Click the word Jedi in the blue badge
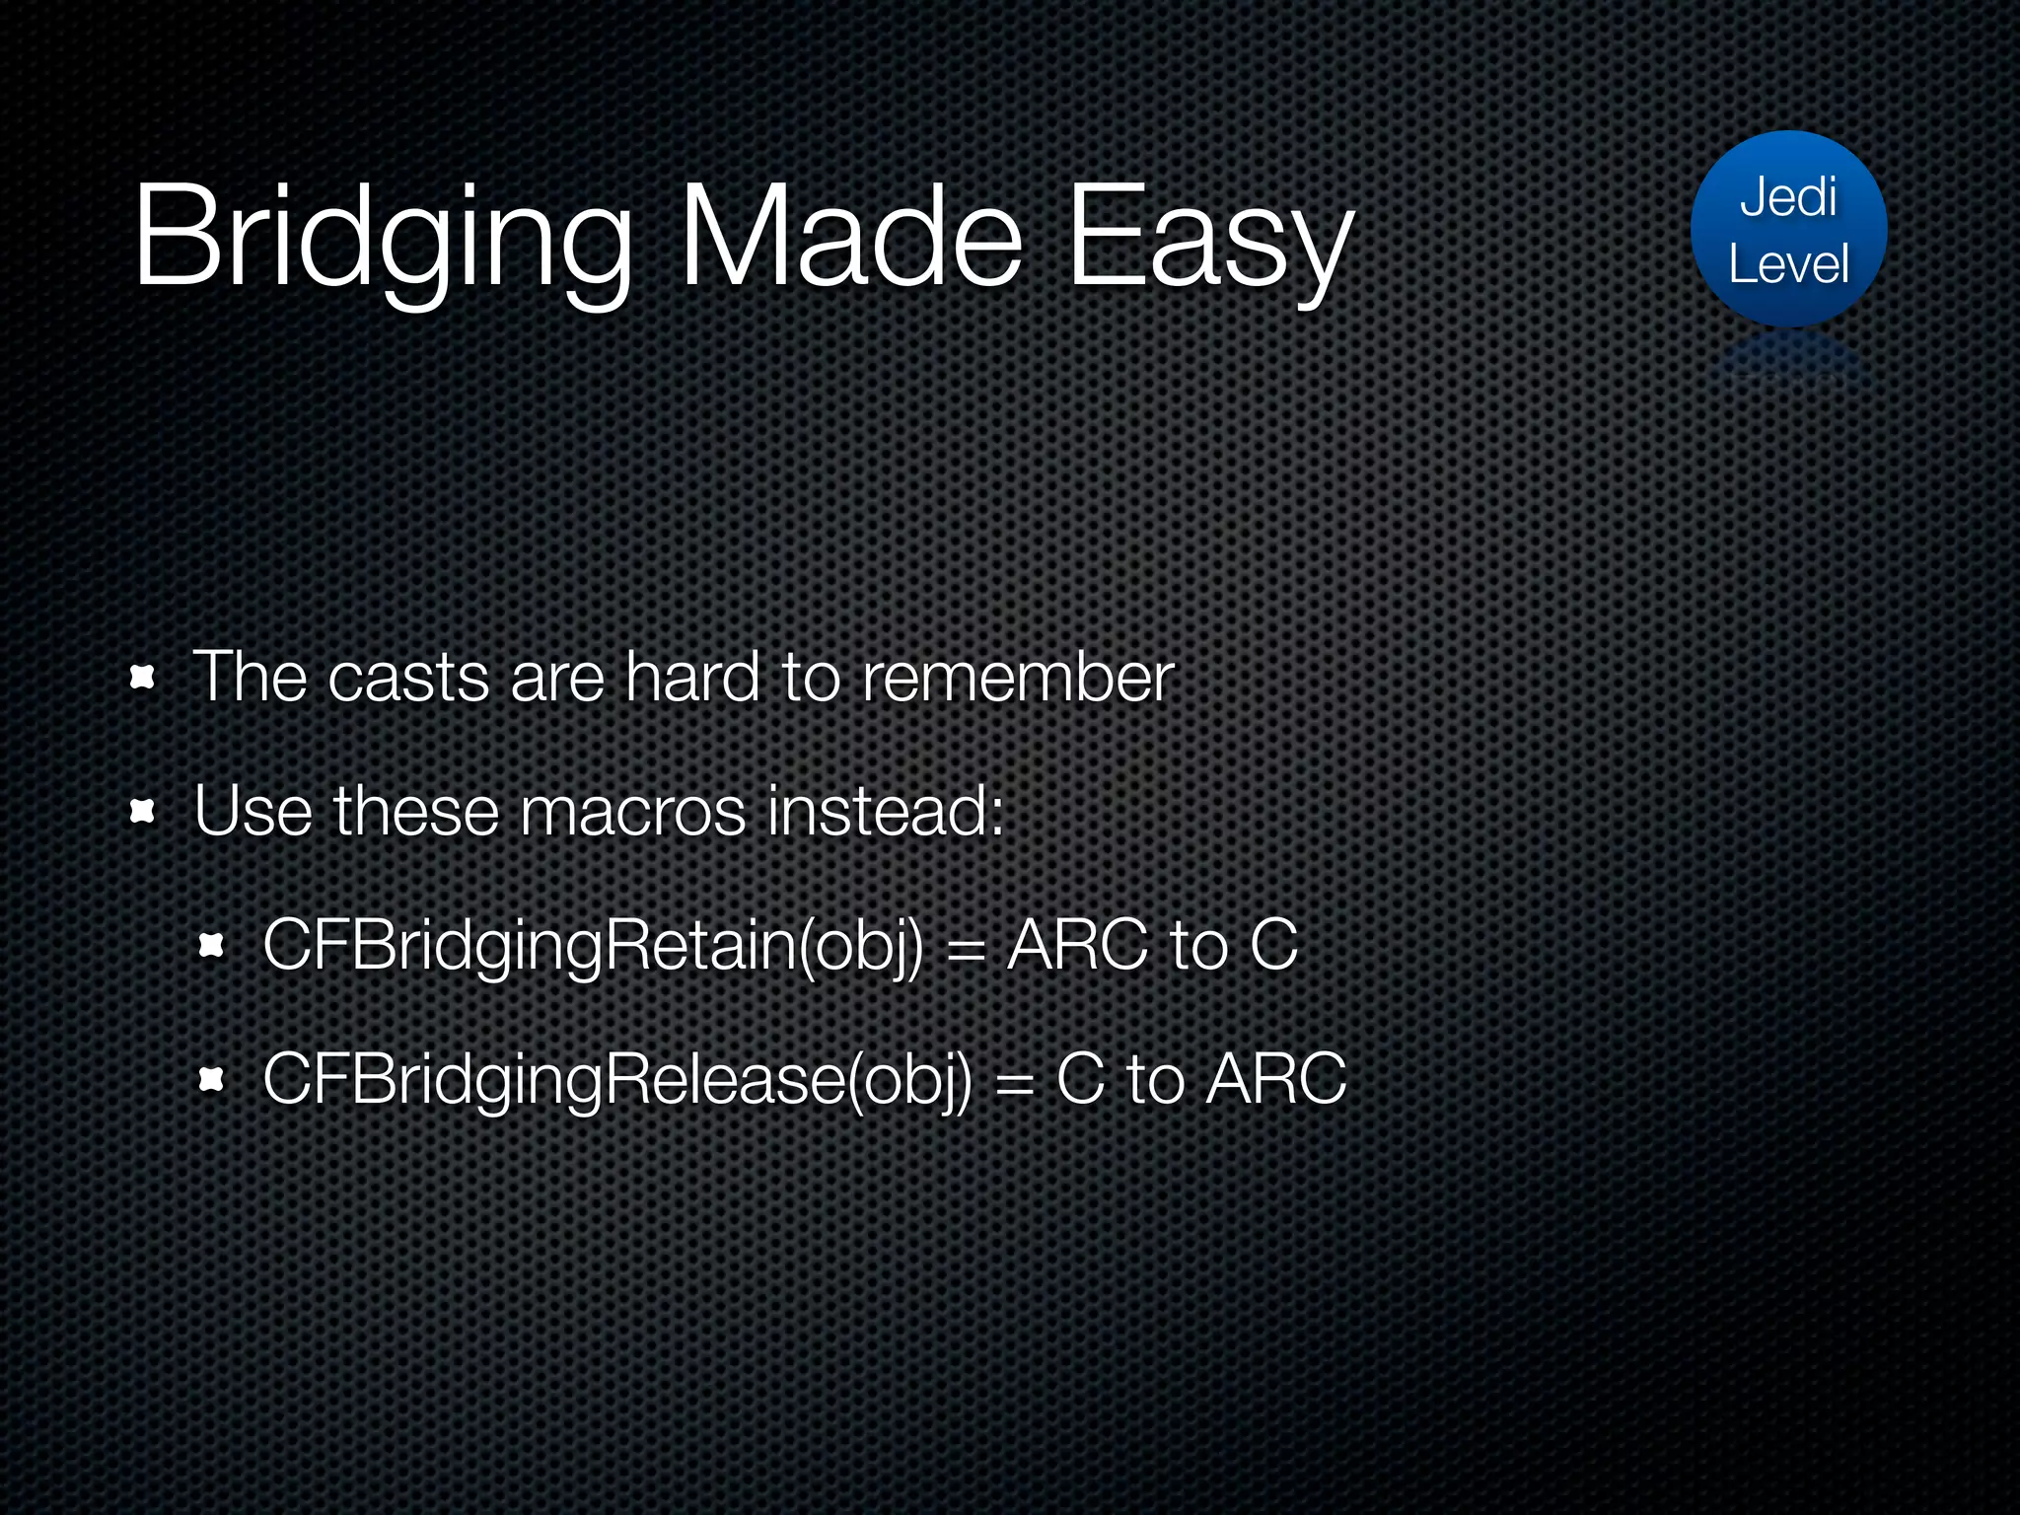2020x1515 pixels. [x=1788, y=197]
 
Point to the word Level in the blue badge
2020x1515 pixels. [x=1788, y=264]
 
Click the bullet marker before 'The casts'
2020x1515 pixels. [x=143, y=678]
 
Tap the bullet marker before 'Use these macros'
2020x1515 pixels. [x=143, y=812]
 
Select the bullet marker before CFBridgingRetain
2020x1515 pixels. [x=212, y=946]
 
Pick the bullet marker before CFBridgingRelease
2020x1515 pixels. [x=212, y=1080]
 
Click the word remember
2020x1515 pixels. [x=1017, y=678]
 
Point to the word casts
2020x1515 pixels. [x=408, y=678]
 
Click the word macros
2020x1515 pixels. [x=632, y=812]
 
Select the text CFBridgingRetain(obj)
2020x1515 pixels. [x=593, y=946]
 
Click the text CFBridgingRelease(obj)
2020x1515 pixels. [x=616, y=1080]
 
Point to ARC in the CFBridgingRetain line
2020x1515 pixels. [x=1077, y=946]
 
